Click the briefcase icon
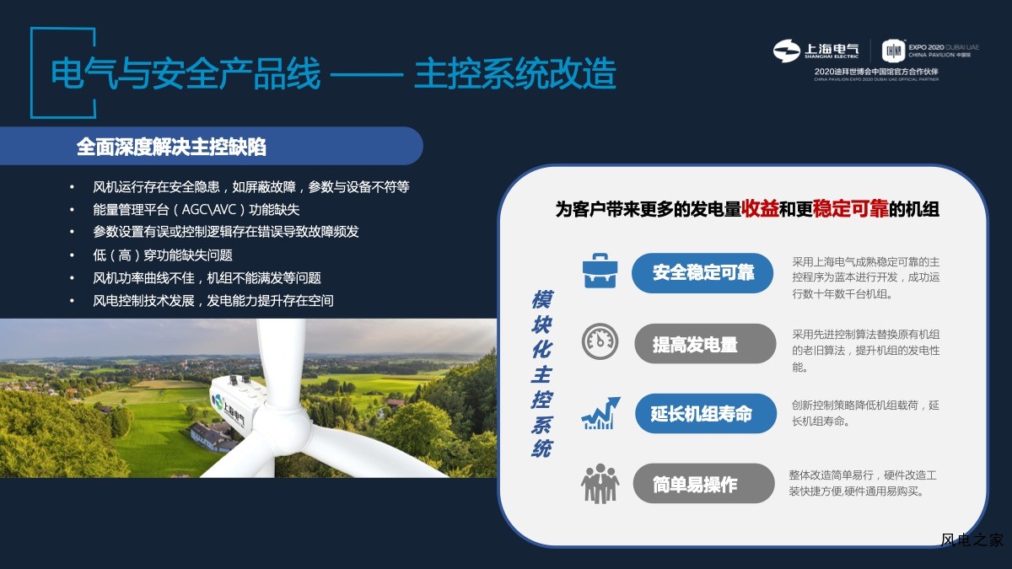(x=600, y=271)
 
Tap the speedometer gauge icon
(x=600, y=341)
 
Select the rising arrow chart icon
(x=600, y=413)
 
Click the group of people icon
(x=600, y=483)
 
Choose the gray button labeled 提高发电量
(x=705, y=344)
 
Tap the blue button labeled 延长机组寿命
(x=706, y=413)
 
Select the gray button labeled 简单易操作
(x=704, y=483)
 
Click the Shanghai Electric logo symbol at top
(x=786, y=51)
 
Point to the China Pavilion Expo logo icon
(x=894, y=51)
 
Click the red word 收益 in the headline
(x=760, y=209)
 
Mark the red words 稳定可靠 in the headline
(x=850, y=209)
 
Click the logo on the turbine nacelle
(x=218, y=401)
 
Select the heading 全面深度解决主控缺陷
(x=171, y=147)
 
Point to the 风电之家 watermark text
(x=972, y=539)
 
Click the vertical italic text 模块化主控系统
(x=542, y=374)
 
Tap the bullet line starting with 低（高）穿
(x=163, y=255)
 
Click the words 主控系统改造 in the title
(x=515, y=73)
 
